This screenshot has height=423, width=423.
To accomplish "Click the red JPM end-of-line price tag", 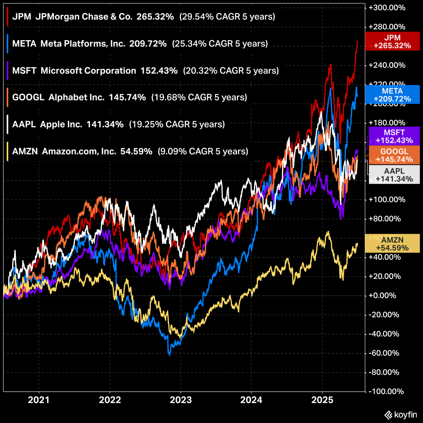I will coord(392,42).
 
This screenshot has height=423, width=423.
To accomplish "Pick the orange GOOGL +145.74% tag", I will coord(394,155).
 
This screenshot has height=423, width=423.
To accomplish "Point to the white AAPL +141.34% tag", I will coord(394,175).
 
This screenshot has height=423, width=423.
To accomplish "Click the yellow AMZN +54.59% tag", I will coord(392,244).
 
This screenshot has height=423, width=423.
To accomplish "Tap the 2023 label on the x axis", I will coord(181,400).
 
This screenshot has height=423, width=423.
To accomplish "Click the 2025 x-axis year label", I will coord(322,400).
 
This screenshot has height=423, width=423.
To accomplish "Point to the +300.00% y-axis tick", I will coord(384,8).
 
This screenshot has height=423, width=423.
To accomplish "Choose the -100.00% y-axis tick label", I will coord(384,391).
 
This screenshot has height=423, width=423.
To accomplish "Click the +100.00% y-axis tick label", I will coord(384,200).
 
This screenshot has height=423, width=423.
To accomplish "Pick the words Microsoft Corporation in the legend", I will coord(88,70).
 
